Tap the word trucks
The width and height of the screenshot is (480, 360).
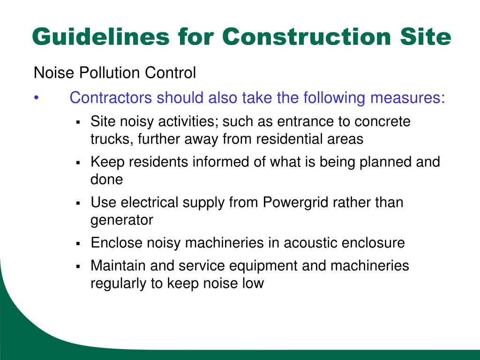coord(111,139)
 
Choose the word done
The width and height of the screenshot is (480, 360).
coord(106,180)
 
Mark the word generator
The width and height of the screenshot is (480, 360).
coord(122,220)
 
